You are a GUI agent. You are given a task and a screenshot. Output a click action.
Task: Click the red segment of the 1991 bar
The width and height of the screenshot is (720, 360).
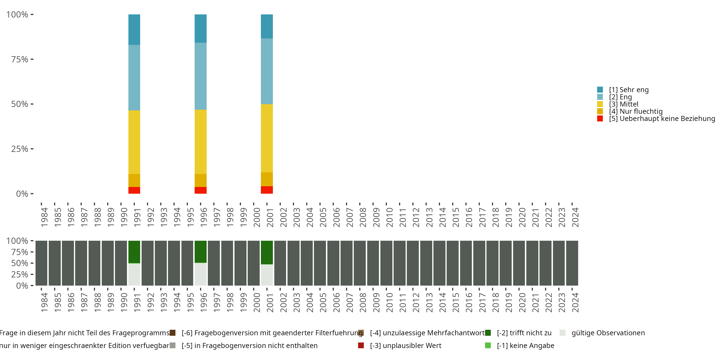[134, 190]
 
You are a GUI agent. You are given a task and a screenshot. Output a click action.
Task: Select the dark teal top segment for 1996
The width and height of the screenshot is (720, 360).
[200, 29]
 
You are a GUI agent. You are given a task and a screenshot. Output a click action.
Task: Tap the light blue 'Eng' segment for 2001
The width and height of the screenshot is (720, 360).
[267, 71]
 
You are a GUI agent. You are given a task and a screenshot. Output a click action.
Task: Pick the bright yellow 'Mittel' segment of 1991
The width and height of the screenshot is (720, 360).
[134, 142]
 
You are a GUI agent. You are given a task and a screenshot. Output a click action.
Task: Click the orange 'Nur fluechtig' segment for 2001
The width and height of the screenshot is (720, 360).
[267, 179]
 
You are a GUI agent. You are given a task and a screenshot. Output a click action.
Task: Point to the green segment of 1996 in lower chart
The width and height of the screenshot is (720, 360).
[200, 252]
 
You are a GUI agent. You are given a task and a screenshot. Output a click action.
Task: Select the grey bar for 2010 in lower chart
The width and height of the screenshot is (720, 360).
[386, 263]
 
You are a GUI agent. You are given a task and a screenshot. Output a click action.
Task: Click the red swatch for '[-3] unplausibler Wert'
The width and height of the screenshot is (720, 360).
[361, 345]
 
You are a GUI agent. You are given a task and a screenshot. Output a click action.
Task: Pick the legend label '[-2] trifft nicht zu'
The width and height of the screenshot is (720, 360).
[524, 333]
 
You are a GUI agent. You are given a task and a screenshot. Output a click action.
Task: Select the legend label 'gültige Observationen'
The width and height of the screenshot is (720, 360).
[608, 333]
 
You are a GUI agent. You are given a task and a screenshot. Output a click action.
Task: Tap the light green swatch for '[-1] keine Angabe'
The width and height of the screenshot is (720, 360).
[488, 345]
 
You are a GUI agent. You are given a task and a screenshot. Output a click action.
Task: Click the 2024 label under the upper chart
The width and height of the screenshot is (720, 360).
[575, 217]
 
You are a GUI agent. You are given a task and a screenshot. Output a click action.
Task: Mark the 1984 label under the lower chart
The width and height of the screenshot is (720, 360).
[44, 302]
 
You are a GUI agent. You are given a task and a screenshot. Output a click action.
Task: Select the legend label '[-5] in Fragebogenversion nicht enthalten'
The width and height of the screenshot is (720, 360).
[249, 345]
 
